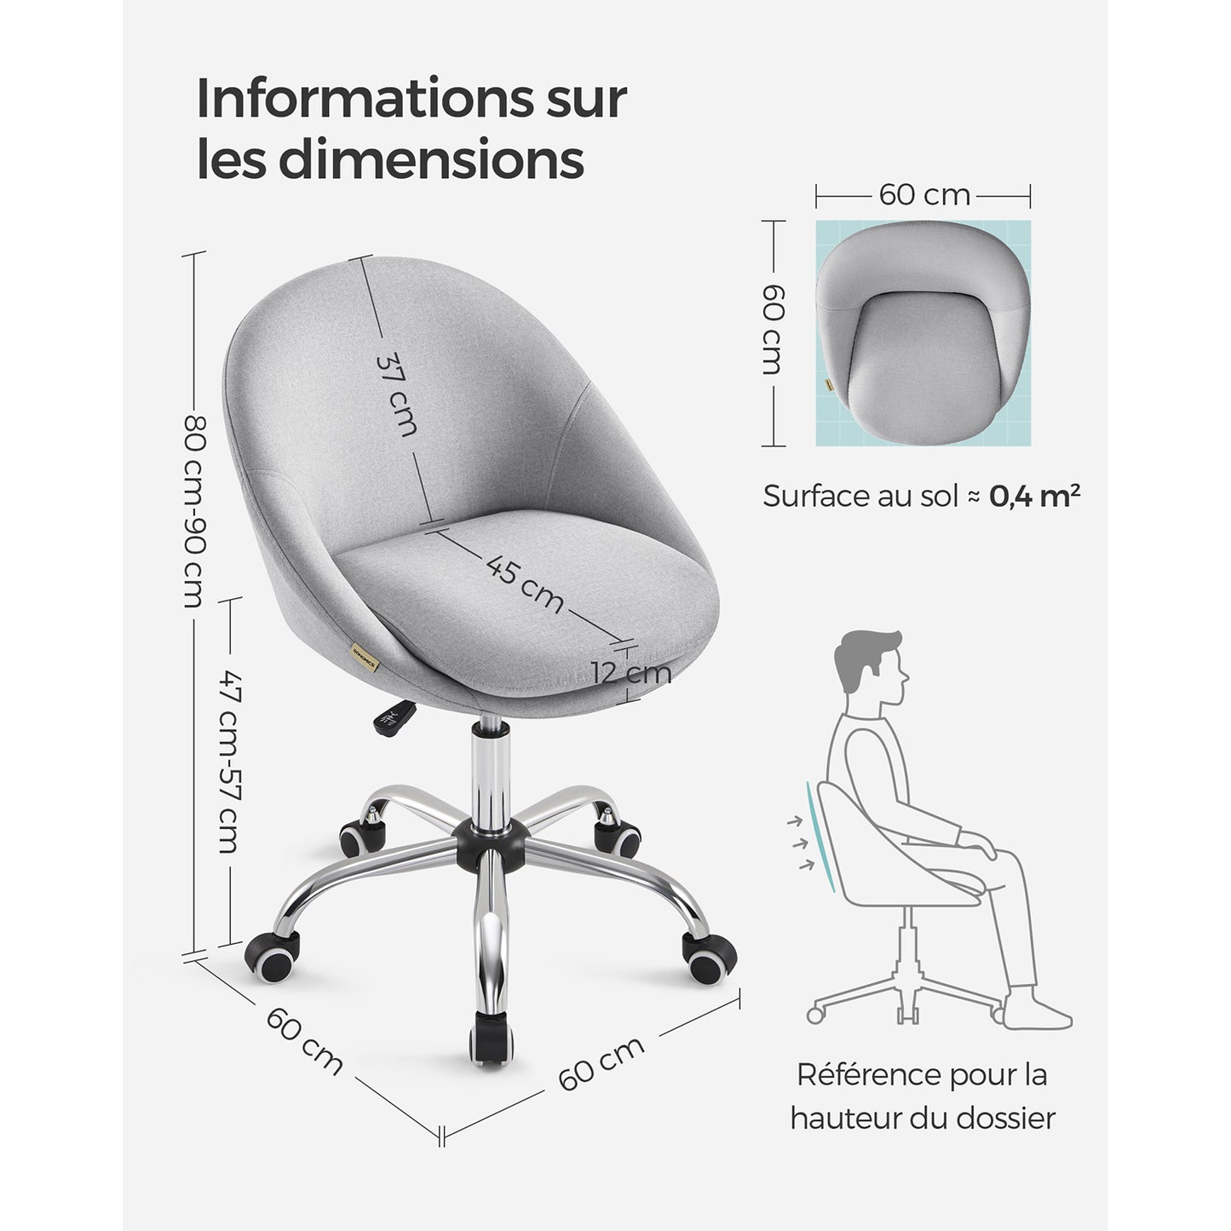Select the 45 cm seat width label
point(525,584)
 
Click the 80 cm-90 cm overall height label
point(195,511)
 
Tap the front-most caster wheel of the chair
point(492,1038)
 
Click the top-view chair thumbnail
point(923,333)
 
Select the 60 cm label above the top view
point(923,195)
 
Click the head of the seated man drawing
point(871,669)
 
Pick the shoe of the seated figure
point(1036,1015)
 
